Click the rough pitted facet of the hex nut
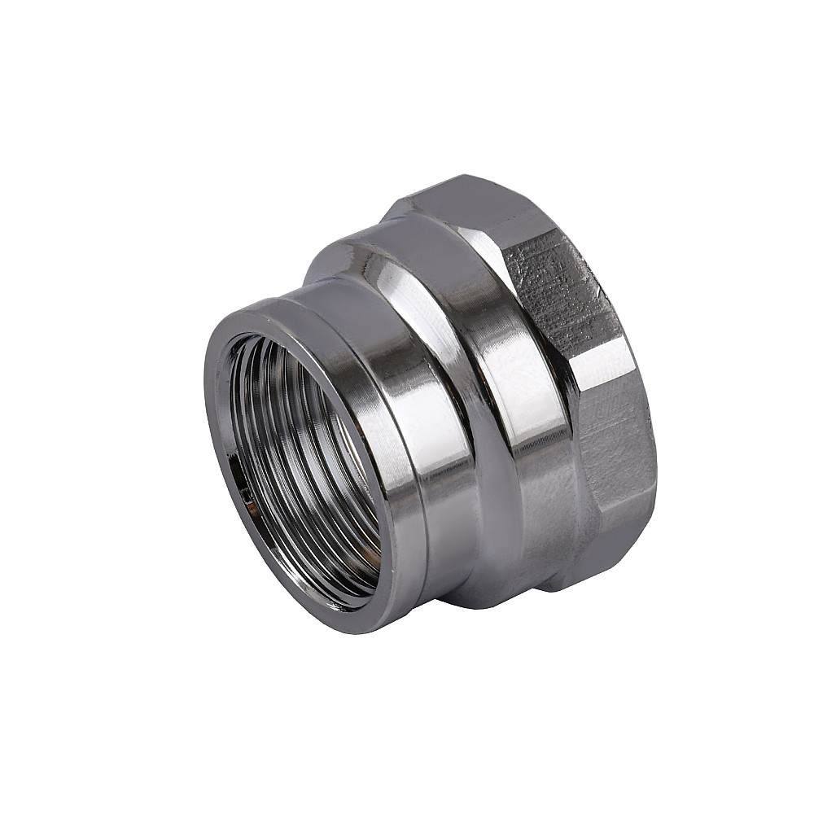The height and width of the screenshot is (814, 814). point(562,293)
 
